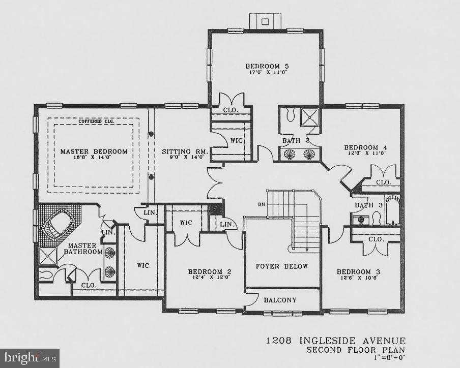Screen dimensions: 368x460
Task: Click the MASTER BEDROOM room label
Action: (x=94, y=151)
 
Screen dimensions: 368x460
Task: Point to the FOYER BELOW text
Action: (x=281, y=266)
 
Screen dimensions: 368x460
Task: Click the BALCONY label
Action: (x=280, y=300)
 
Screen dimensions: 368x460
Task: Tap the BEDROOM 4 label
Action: (x=365, y=148)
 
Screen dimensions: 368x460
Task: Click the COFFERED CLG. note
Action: (x=94, y=121)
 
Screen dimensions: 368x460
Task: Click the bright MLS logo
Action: (x=30, y=358)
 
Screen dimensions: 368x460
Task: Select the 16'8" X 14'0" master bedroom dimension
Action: (x=94, y=158)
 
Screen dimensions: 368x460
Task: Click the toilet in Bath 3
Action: (x=377, y=219)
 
